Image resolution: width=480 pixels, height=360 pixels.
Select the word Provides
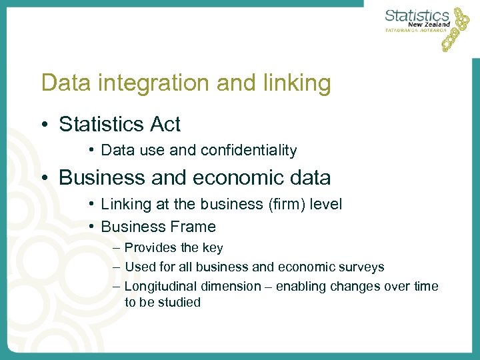[x=151, y=248]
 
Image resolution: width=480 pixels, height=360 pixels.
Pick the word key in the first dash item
[x=213, y=248]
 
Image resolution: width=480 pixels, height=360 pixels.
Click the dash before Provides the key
[x=117, y=248]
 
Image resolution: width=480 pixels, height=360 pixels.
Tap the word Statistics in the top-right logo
[x=417, y=14]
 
